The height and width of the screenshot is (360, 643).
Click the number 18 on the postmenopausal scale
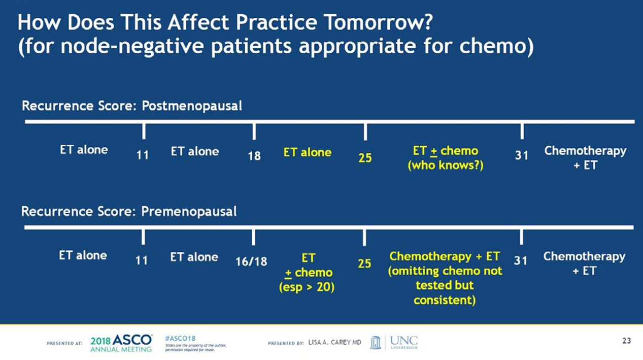click(x=254, y=156)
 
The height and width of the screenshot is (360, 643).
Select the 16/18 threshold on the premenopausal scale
click(x=251, y=261)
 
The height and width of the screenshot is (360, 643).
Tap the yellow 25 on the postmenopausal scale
click(x=365, y=158)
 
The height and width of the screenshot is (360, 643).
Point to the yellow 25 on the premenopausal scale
click(x=364, y=264)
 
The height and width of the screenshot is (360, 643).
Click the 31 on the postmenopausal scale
click(x=522, y=156)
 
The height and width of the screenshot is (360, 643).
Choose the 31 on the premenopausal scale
click(x=521, y=260)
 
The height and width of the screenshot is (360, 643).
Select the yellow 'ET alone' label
click(x=308, y=152)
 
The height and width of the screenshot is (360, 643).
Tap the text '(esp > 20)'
click(x=307, y=287)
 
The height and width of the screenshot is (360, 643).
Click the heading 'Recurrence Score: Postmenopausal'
click(x=132, y=106)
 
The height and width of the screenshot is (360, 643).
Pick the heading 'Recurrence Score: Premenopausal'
click(x=129, y=211)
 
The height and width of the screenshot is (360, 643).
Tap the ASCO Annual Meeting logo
click(x=121, y=343)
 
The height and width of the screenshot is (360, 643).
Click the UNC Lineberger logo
click(x=394, y=342)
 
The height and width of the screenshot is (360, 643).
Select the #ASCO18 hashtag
click(x=180, y=338)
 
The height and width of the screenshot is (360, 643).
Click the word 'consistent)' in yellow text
click(x=445, y=300)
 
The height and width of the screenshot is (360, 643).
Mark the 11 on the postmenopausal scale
click(x=143, y=156)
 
